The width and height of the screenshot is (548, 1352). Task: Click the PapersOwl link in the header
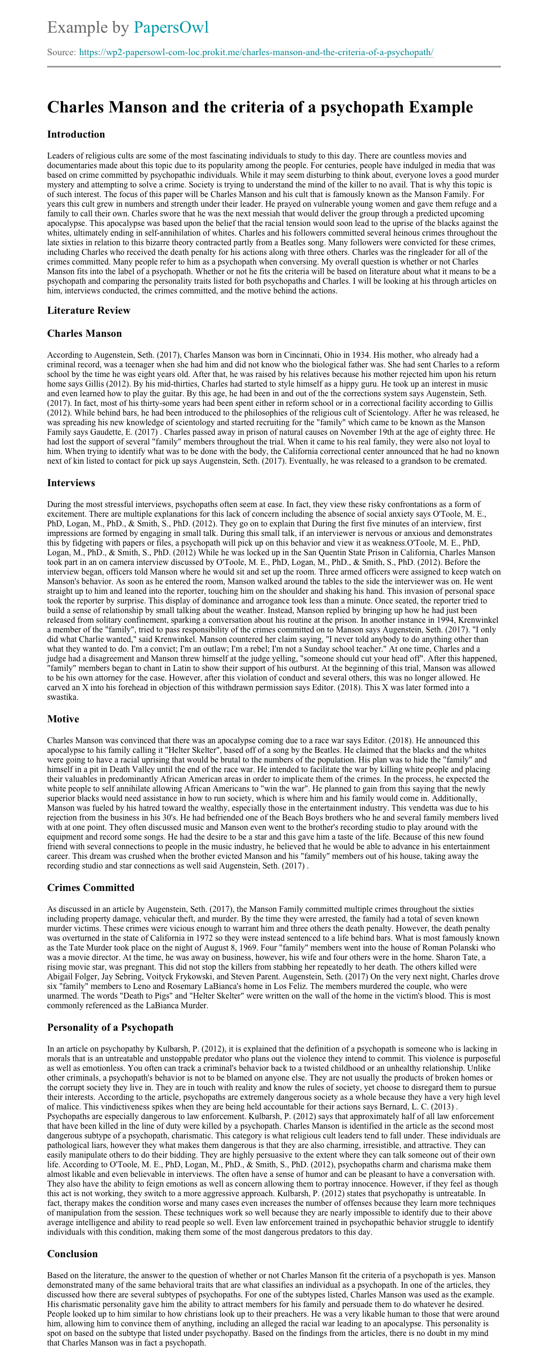click(x=171, y=27)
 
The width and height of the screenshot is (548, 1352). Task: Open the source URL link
click(x=256, y=52)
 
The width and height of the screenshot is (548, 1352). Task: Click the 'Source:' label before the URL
click(x=62, y=52)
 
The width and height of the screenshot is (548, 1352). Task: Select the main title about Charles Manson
click(x=260, y=107)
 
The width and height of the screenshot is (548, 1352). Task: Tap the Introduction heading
click(x=76, y=134)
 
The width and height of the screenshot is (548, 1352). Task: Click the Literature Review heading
click(x=89, y=311)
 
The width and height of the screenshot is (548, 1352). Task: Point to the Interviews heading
click(x=71, y=483)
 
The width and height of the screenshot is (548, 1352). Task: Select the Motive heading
click(x=63, y=719)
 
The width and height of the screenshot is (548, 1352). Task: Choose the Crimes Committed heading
click(x=91, y=888)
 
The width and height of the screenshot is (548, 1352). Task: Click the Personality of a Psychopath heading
click(x=110, y=1028)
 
